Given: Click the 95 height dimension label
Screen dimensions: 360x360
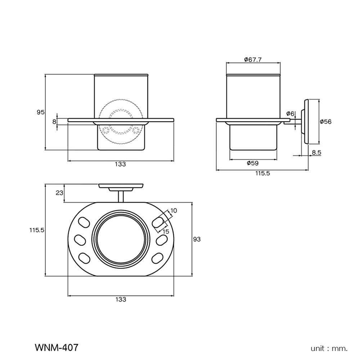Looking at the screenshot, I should [x=40, y=112].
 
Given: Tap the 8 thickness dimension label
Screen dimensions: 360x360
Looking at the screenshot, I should [x=54, y=122].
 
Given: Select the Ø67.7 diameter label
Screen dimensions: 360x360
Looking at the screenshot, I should [x=253, y=60].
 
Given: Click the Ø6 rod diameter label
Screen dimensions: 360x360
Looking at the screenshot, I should [x=291, y=114].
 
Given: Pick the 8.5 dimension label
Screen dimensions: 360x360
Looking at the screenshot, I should [x=316, y=153].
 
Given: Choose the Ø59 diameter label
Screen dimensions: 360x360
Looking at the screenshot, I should [x=253, y=163].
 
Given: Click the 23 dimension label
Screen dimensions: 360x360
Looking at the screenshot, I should [x=59, y=193].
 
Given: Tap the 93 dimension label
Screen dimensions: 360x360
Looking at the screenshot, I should [x=197, y=239].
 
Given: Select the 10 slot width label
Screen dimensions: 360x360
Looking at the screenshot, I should [x=174, y=211].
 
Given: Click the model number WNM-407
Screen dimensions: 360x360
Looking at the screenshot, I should [x=56, y=348].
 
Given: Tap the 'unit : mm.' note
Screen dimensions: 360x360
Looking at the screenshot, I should [x=329, y=348].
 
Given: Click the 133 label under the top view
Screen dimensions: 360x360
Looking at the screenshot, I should [x=121, y=300].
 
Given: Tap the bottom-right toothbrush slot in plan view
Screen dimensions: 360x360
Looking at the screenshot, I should [x=157, y=257].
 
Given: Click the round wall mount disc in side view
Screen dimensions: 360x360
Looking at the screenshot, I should [x=306, y=122].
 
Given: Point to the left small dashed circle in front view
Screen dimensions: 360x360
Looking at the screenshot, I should [x=105, y=129].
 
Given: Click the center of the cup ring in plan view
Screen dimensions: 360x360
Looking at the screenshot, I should [x=121, y=239].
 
